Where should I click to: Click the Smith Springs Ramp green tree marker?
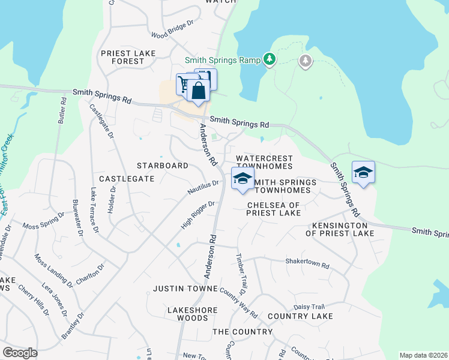tap(270, 59)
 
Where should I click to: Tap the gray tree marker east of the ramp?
tap(306, 61)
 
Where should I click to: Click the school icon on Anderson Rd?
tap(243, 179)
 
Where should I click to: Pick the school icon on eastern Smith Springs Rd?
tap(363, 173)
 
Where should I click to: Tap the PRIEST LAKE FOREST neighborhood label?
tap(128, 57)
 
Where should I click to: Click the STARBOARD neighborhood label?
tap(162, 165)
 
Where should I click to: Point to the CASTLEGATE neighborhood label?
tap(126, 179)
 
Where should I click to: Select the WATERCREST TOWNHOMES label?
tap(264, 162)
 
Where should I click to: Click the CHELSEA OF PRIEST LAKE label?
tap(274, 209)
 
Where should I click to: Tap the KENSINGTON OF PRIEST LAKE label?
tap(343, 229)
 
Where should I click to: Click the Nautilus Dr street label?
tap(203, 188)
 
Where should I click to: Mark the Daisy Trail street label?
tap(309, 306)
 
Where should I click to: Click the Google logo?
tap(20, 353)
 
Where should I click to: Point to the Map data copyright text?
tap(423, 355)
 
